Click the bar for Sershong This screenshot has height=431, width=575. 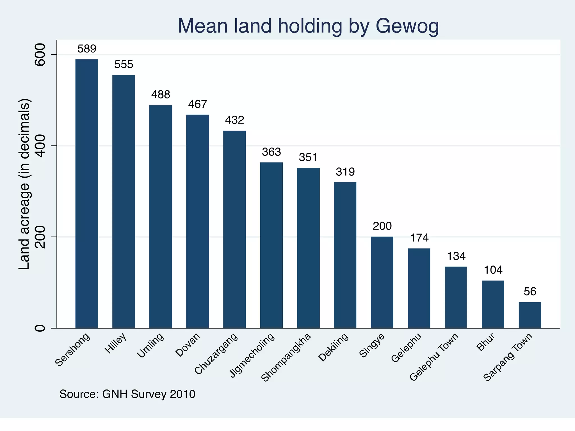86,194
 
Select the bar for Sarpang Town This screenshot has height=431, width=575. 530,315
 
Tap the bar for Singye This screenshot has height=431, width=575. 382,282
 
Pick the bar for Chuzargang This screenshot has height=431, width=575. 234,229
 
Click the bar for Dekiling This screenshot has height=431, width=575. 345,255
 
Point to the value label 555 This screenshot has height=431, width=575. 124,65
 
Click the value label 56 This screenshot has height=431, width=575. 530,292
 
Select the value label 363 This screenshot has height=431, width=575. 271,152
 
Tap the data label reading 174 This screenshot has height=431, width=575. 419,238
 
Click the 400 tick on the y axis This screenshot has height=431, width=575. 40,146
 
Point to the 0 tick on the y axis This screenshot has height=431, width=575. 40,328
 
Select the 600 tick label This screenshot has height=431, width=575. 40,55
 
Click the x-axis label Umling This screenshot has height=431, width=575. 150,345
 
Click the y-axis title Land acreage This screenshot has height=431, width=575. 24,184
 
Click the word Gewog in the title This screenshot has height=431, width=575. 407,26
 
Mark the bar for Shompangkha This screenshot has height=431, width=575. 308,248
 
